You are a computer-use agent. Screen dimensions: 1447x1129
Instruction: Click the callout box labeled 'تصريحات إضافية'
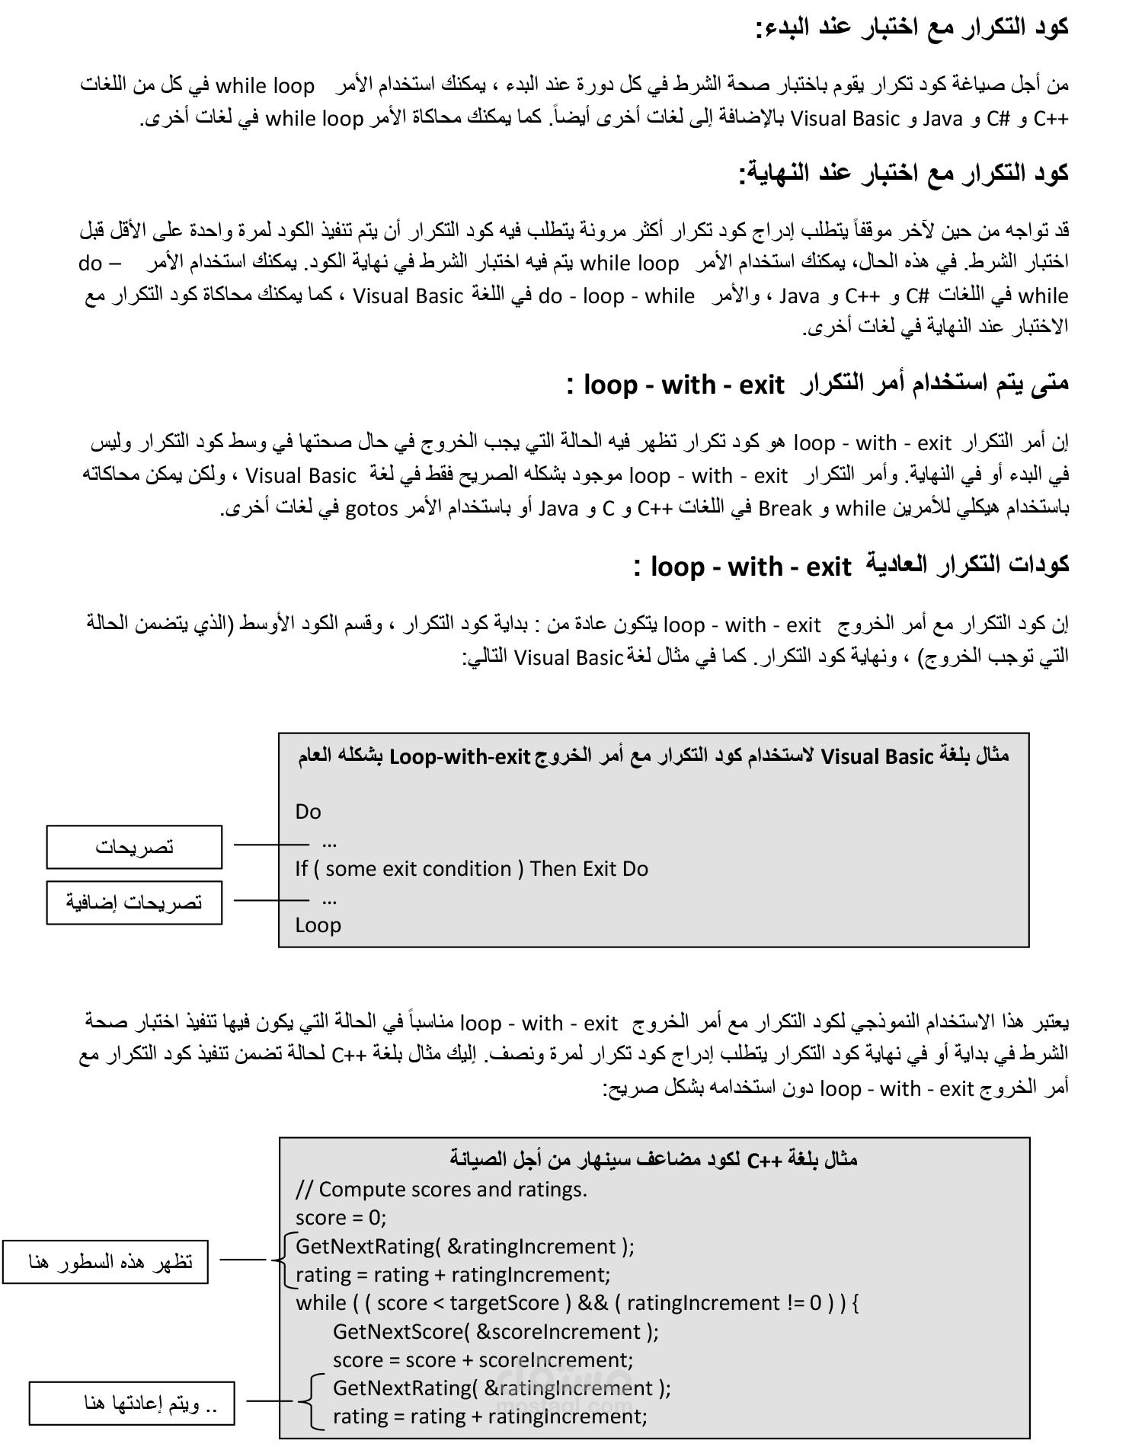click(x=134, y=903)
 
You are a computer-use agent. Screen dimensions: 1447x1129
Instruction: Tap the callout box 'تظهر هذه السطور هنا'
click(x=106, y=1263)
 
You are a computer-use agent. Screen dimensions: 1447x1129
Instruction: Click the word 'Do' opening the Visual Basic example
click(x=308, y=812)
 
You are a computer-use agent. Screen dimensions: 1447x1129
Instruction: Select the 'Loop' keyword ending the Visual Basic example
click(x=318, y=925)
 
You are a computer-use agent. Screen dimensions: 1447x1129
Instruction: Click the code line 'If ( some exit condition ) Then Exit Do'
click(x=472, y=869)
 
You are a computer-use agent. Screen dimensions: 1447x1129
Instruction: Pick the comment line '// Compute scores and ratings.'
click(x=441, y=1190)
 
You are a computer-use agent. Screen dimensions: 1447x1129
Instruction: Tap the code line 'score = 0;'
click(x=341, y=1218)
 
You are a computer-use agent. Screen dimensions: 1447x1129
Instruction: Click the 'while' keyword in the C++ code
click(x=321, y=1303)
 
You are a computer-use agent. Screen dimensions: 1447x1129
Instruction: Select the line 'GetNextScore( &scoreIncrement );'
click(x=495, y=1332)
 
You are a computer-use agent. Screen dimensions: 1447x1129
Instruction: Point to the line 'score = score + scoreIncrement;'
click(x=482, y=1360)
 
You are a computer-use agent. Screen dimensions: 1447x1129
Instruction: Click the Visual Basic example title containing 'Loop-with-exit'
click(x=653, y=757)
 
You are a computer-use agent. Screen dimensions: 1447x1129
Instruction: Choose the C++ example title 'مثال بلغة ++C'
click(x=653, y=1161)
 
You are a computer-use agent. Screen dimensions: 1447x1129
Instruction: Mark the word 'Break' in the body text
click(x=785, y=509)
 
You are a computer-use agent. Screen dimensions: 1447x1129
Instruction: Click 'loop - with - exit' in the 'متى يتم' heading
click(x=683, y=385)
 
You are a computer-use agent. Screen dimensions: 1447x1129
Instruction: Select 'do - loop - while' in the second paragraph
click(x=616, y=296)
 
